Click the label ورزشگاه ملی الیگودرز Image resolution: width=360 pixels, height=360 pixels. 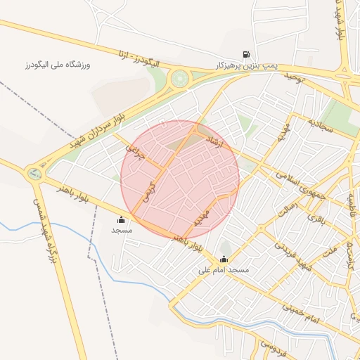pyautogui.click(x=59, y=65)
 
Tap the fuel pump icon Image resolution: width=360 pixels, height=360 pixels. pyautogui.click(x=246, y=54)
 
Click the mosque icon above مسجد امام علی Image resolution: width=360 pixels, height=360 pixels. pyautogui.click(x=224, y=259)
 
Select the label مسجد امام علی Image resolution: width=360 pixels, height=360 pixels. pyautogui.click(x=224, y=269)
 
